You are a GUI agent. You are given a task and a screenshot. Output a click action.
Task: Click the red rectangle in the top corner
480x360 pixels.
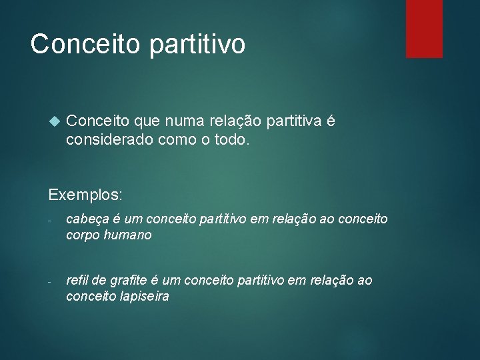point(424,28)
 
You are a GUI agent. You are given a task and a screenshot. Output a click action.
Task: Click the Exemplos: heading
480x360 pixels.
point(85,195)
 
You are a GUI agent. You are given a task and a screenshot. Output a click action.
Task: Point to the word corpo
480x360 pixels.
point(83,235)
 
